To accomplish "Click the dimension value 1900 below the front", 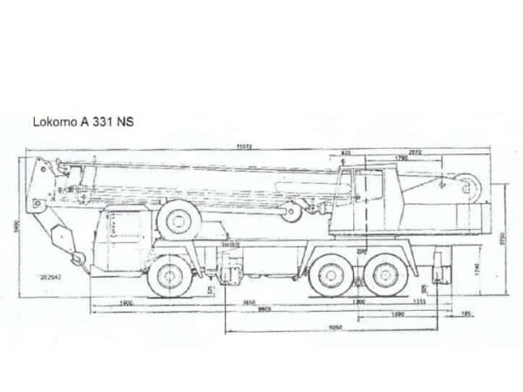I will [126, 302].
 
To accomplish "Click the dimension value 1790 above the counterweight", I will [401, 158].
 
